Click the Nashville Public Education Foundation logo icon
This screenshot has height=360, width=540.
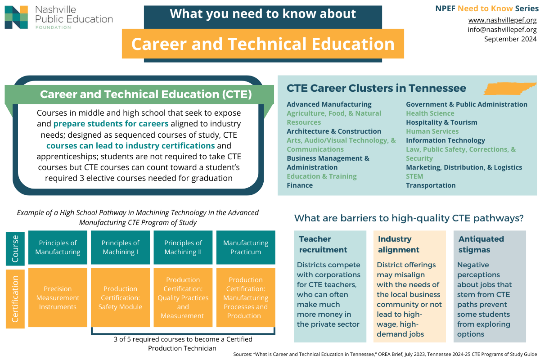(x=16, y=18)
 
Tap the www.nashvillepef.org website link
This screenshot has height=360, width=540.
(x=502, y=20)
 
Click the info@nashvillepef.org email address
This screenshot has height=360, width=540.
(x=502, y=29)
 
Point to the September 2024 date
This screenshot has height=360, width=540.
(x=510, y=39)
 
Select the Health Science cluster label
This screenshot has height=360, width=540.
(x=430, y=113)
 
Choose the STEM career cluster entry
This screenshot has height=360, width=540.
(x=414, y=176)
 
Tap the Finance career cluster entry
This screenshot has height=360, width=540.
(x=300, y=185)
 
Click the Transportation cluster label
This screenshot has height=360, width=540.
(x=431, y=185)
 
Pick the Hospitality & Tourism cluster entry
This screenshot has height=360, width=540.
(x=441, y=122)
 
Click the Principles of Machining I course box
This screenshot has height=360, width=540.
(x=120, y=247)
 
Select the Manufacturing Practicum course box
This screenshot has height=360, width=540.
(x=246, y=247)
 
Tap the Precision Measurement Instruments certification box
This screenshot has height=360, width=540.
(x=58, y=298)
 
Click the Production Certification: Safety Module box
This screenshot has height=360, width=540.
(x=120, y=298)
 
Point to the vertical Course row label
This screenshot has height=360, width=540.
(x=15, y=248)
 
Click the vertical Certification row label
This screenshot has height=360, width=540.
(x=15, y=299)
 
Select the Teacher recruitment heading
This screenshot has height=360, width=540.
(x=323, y=244)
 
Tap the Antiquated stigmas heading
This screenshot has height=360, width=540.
(x=481, y=244)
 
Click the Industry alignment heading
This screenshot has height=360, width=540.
(x=399, y=244)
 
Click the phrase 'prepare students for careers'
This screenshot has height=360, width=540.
(x=111, y=124)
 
